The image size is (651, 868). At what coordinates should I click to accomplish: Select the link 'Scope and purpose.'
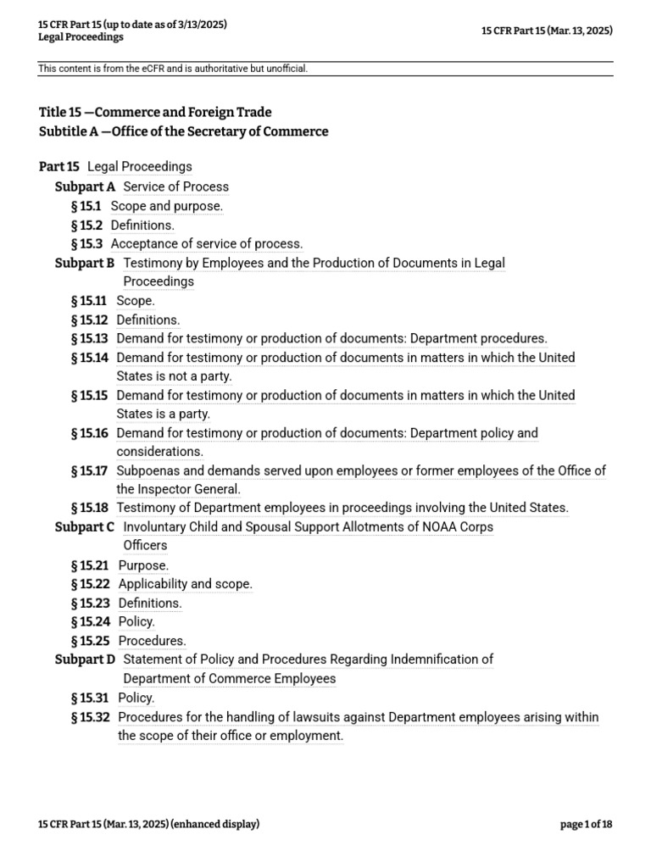[167, 206]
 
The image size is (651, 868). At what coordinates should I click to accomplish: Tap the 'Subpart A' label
[86, 186]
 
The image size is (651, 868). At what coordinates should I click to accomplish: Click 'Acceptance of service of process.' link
[207, 244]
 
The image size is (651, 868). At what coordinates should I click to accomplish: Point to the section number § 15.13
[90, 338]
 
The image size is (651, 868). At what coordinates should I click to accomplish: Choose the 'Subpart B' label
[85, 263]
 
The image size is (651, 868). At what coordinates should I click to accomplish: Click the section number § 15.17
[90, 470]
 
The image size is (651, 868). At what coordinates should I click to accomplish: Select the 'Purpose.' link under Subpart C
[143, 565]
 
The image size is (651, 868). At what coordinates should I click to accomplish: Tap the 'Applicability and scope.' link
[185, 584]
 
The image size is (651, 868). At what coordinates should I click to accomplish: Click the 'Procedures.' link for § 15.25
[152, 641]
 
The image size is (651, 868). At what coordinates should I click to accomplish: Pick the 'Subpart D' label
[86, 659]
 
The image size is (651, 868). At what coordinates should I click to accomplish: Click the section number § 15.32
[91, 717]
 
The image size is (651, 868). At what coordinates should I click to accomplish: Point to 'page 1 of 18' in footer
[586, 824]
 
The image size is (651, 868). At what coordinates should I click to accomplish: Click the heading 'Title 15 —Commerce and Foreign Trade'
[155, 112]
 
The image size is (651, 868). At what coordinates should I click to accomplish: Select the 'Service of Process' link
[176, 186]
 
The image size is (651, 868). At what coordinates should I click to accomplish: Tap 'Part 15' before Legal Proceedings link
[59, 167]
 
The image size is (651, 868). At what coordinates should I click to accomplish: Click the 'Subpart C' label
[85, 527]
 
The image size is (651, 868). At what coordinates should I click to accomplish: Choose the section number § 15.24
[91, 621]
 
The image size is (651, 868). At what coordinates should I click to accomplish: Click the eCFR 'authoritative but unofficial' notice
[173, 69]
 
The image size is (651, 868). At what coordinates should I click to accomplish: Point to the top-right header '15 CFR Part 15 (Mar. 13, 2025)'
[547, 31]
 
